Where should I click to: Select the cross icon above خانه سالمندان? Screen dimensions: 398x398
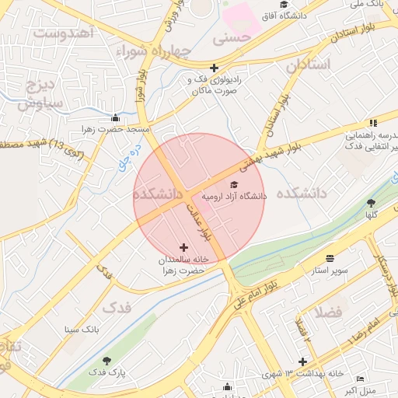(x=183, y=247)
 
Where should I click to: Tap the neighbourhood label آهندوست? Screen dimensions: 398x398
(x=63, y=33)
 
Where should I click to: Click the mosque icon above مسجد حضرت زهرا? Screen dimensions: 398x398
(x=116, y=118)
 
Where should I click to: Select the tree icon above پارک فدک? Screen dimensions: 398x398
(x=106, y=360)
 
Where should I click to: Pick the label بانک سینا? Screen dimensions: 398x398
(x=82, y=330)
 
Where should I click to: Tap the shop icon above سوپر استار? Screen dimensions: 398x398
(x=330, y=258)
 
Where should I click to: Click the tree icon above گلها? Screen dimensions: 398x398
(x=370, y=203)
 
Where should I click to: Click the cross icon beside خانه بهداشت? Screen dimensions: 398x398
(x=302, y=361)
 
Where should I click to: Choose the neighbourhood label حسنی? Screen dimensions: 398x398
(x=236, y=37)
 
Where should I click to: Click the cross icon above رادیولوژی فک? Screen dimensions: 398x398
(x=214, y=68)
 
